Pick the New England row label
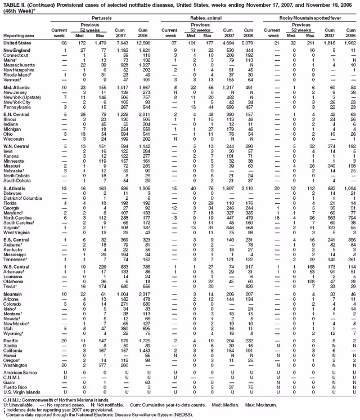pyautogui.click(x=15, y=51)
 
